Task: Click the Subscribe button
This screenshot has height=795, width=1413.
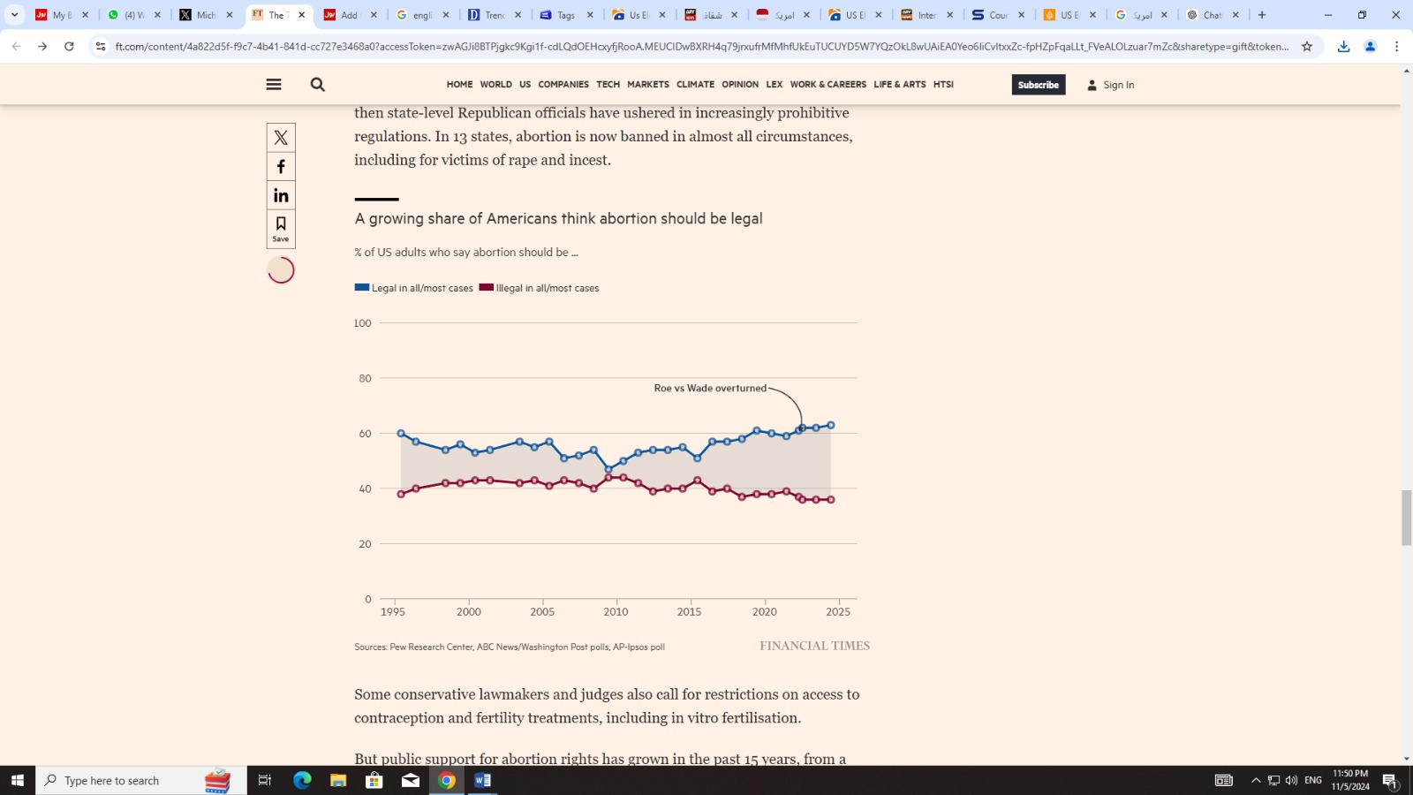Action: [x=1038, y=85]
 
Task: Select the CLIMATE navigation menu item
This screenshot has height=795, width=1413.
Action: [x=695, y=85]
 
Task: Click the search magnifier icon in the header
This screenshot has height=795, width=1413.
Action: [x=318, y=85]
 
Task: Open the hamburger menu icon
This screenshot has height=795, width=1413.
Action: [x=274, y=85]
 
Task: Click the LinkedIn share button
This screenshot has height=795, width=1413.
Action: [x=281, y=195]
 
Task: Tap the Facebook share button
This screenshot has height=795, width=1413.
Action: [x=281, y=167]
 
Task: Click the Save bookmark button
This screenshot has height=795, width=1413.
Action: [x=281, y=228]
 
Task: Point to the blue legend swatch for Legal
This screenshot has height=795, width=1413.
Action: [x=362, y=287]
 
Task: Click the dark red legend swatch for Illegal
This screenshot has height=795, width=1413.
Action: [x=487, y=287]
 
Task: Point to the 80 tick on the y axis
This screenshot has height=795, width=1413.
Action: [x=365, y=378]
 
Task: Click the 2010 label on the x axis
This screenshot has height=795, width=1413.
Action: [x=616, y=611]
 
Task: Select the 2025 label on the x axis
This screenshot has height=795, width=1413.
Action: [x=838, y=611]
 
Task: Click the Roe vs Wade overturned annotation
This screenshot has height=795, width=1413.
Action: [x=710, y=388]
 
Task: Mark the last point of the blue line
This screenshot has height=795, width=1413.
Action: [x=831, y=426]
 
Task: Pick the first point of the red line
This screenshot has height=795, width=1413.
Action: [x=401, y=494]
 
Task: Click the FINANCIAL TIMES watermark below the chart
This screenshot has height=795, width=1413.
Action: [x=814, y=646]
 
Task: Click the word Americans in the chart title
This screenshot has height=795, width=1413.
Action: [x=526, y=218]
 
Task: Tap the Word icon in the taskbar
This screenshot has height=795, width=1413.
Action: [x=482, y=780]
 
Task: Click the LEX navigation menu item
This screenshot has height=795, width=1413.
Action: [x=774, y=85]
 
